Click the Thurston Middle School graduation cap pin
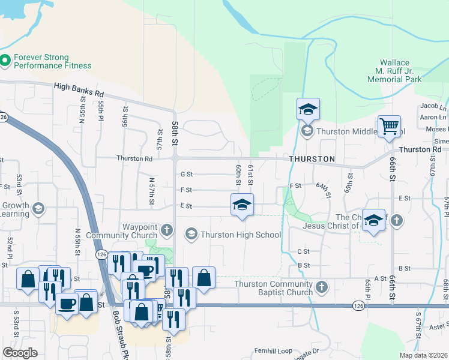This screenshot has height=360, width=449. coord(308,110)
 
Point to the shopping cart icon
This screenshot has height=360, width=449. coord(389,127)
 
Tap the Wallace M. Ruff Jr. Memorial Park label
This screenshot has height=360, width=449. coord(401,71)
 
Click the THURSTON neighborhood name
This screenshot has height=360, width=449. coord(312,159)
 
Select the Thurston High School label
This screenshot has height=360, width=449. coord(241,235)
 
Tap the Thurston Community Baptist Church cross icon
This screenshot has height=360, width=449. coord(322,287)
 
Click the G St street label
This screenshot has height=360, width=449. coord(186,175)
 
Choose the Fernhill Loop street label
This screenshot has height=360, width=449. coord(273,350)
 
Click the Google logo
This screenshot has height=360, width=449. coord(20,352)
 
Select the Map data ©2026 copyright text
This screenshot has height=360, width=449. coord(423,355)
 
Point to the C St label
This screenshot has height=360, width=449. coord(303,251)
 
